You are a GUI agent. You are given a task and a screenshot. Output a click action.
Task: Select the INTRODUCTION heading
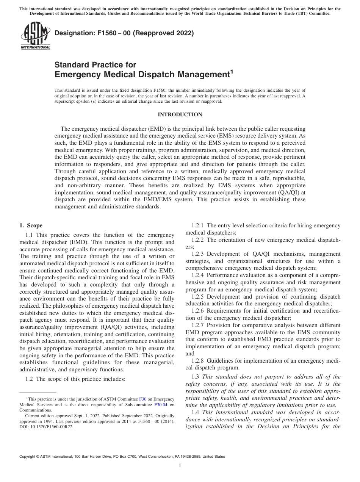(x=180, y=114)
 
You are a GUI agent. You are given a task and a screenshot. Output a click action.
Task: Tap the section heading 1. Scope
(x=31, y=225)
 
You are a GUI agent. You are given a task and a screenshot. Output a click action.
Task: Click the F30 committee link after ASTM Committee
(x=142, y=399)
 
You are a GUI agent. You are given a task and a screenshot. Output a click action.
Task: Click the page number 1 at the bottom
(x=180, y=466)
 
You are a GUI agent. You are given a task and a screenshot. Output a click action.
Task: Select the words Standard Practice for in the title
(x=95, y=65)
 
